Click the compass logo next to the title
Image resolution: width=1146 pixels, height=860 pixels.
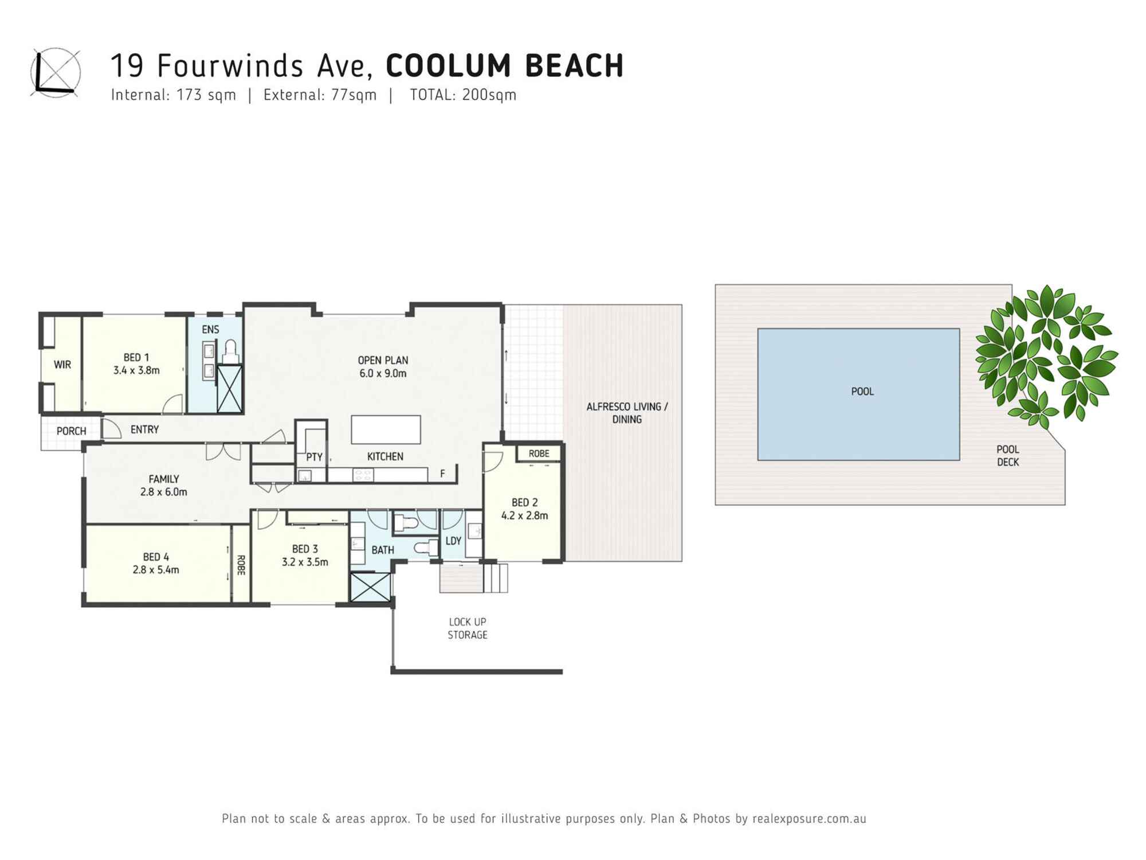coord(56,73)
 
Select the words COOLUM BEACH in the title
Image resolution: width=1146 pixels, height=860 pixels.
coord(504,65)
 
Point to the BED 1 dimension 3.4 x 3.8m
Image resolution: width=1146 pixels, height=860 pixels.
coord(136,370)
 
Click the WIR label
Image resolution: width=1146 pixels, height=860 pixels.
coord(62,365)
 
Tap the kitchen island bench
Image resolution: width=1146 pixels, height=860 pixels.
coord(386,429)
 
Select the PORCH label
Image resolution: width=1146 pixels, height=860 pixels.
coord(71,431)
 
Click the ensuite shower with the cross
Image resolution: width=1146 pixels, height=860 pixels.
coord(230,389)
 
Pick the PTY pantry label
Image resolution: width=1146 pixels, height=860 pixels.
coord(314,457)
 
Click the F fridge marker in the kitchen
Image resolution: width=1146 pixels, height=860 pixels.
coord(442,474)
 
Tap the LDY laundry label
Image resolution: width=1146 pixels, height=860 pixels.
coord(453,541)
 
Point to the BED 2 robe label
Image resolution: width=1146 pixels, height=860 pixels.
coord(539,454)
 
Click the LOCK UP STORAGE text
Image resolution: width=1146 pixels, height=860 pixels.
coord(468,628)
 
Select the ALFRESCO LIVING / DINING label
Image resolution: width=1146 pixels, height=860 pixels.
coord(627,413)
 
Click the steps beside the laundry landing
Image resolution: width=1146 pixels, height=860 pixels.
coord(496,578)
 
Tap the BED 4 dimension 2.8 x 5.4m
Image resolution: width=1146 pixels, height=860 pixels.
coord(156,570)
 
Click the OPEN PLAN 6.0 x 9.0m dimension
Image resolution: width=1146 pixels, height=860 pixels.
coord(383,373)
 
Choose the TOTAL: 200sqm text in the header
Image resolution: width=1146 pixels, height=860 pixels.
coord(463,95)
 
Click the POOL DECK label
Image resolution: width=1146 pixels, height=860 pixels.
coord(1007,456)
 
